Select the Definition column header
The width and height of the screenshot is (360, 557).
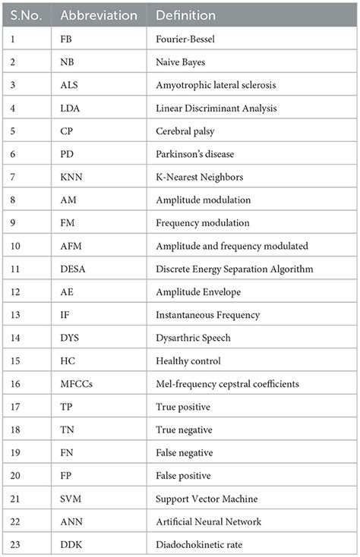[185, 15]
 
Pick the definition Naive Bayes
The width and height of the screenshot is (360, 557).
[185, 61]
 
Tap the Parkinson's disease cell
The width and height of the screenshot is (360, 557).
[197, 153]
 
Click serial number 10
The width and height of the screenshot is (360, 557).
[13, 246]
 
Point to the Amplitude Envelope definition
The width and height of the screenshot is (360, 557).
[200, 292]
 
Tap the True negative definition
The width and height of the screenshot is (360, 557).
[187, 430]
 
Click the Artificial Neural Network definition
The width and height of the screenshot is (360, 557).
[209, 521]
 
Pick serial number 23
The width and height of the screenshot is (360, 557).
[13, 544]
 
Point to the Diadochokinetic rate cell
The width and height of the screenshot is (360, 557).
[201, 544]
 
